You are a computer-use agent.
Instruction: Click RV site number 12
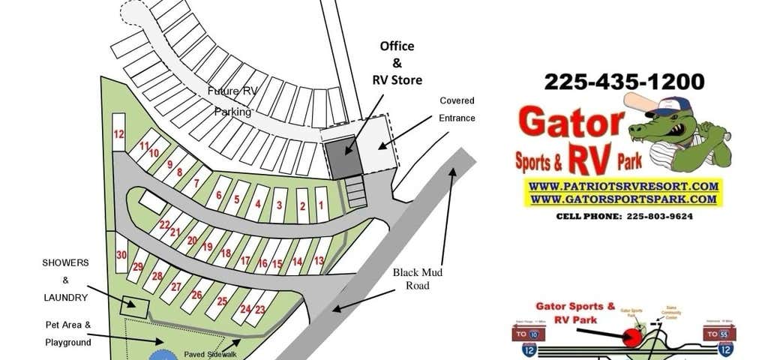[x=118, y=135]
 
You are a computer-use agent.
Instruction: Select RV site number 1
[x=320, y=204]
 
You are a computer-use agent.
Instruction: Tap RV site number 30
[x=121, y=255]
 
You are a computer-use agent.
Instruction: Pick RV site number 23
[x=260, y=309]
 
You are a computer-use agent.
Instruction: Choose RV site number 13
[x=319, y=261]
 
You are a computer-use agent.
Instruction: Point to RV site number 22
[x=164, y=224]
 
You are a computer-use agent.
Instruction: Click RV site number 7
[x=196, y=183]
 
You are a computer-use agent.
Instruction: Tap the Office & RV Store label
[x=397, y=63]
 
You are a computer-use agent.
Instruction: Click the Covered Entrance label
[x=457, y=109]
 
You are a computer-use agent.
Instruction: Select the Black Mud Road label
[x=417, y=279]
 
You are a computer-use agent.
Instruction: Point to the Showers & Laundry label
[x=65, y=280]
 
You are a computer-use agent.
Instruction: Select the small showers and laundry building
[x=134, y=305]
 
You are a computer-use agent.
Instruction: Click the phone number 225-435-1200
[x=624, y=81]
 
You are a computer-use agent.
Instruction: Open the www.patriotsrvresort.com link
[x=623, y=185]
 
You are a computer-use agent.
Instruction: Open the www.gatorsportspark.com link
[x=623, y=199]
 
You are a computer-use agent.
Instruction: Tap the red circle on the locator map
[x=632, y=339]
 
